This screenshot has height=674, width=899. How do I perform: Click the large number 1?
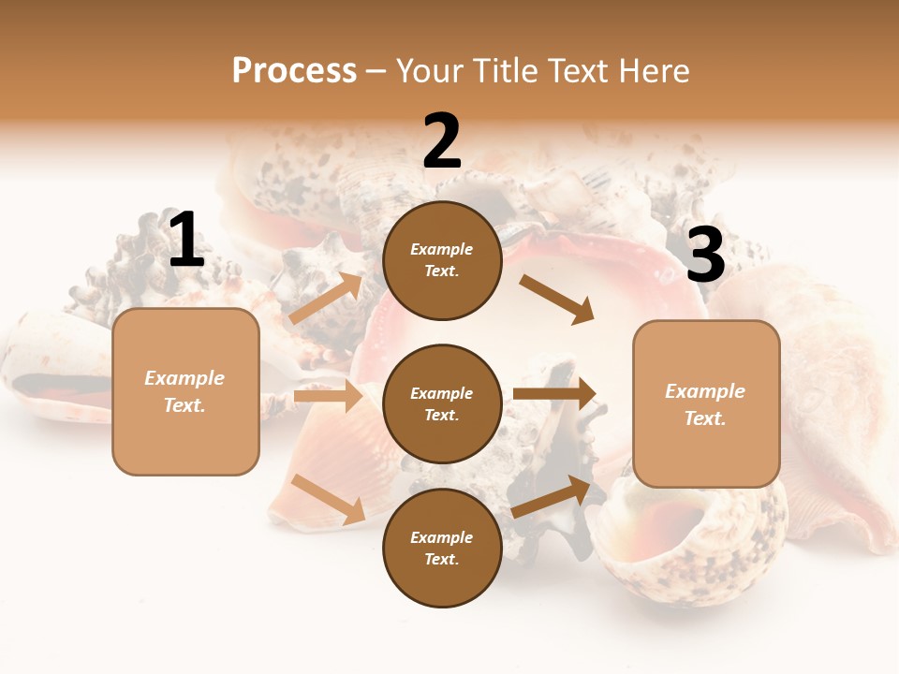186,241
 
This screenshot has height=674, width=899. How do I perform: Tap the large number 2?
442,141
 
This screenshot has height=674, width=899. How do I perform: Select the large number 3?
705,255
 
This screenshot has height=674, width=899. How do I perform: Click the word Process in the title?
294,70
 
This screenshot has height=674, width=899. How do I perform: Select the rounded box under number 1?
185,391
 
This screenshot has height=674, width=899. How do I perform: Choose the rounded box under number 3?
706,403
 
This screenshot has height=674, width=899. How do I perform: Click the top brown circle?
442,260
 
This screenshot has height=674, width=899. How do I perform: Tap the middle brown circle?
442,403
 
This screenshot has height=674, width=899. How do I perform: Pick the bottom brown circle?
442,548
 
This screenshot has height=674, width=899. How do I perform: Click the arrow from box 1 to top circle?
326,299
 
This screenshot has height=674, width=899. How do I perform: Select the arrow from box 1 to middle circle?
328,396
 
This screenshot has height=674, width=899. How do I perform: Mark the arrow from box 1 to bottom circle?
329,499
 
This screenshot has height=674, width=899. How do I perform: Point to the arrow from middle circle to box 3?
554,394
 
